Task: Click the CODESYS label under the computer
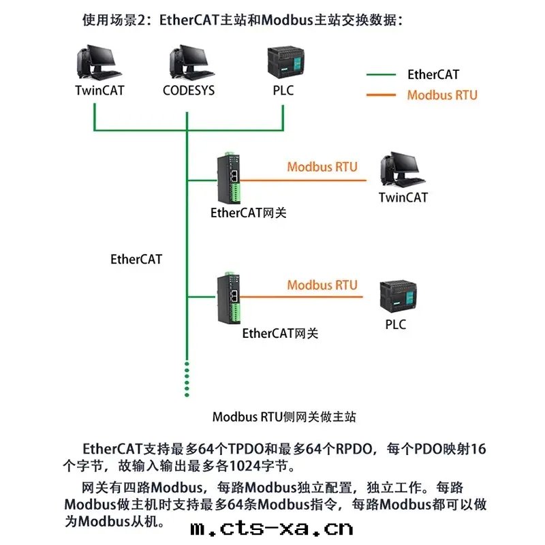coord(188,90)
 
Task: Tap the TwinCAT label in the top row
coord(99,90)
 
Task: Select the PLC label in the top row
coord(282,90)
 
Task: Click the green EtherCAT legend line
coord(381,75)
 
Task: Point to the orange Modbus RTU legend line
coord(381,95)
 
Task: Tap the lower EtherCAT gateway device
coord(228,294)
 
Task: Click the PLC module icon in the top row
coord(283,63)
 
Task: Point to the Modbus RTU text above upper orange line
coord(322,167)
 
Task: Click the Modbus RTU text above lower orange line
coord(322,285)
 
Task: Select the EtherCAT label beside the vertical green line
coord(136,260)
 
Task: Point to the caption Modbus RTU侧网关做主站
coord(284,417)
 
